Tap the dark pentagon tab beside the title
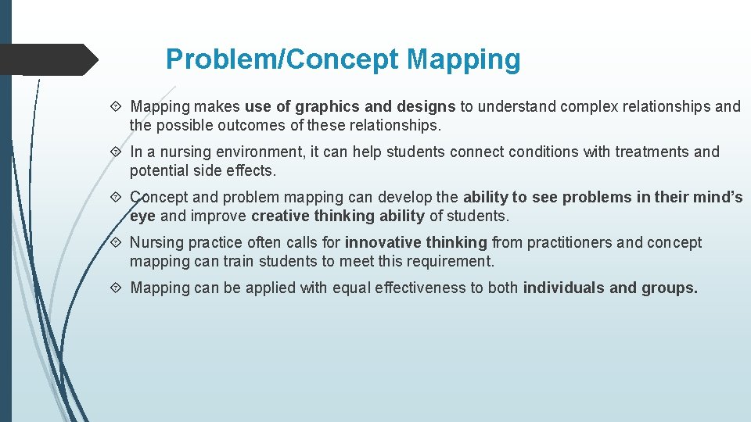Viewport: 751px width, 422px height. click(x=47, y=59)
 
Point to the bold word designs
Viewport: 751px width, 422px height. click(x=426, y=106)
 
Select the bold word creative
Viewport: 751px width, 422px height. click(x=281, y=216)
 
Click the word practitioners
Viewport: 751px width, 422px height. click(x=570, y=242)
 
